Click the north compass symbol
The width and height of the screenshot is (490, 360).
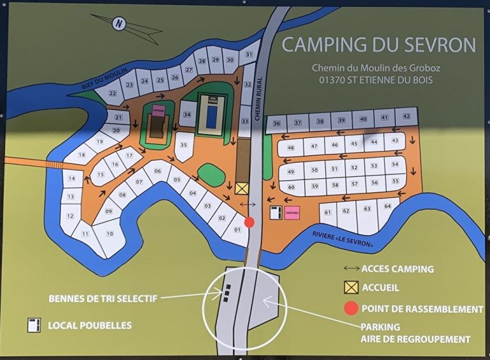point(119,24)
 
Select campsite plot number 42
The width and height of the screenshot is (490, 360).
point(406,117)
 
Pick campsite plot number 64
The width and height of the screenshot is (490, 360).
point(387,207)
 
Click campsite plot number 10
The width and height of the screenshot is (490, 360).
point(110,234)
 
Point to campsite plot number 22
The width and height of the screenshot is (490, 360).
point(113,93)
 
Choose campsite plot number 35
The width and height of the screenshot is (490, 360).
point(184,145)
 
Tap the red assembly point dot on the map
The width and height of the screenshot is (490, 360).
point(249,222)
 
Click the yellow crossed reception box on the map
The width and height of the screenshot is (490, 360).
point(241,188)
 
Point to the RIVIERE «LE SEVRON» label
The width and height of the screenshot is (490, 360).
point(343,239)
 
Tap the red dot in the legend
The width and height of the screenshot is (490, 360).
point(351,309)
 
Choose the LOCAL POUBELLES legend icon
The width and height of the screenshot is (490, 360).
point(34,325)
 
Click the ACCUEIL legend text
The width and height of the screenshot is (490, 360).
point(380,288)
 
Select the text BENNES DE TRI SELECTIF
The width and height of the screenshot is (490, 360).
point(103,298)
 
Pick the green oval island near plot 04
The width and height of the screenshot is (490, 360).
point(211,174)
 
